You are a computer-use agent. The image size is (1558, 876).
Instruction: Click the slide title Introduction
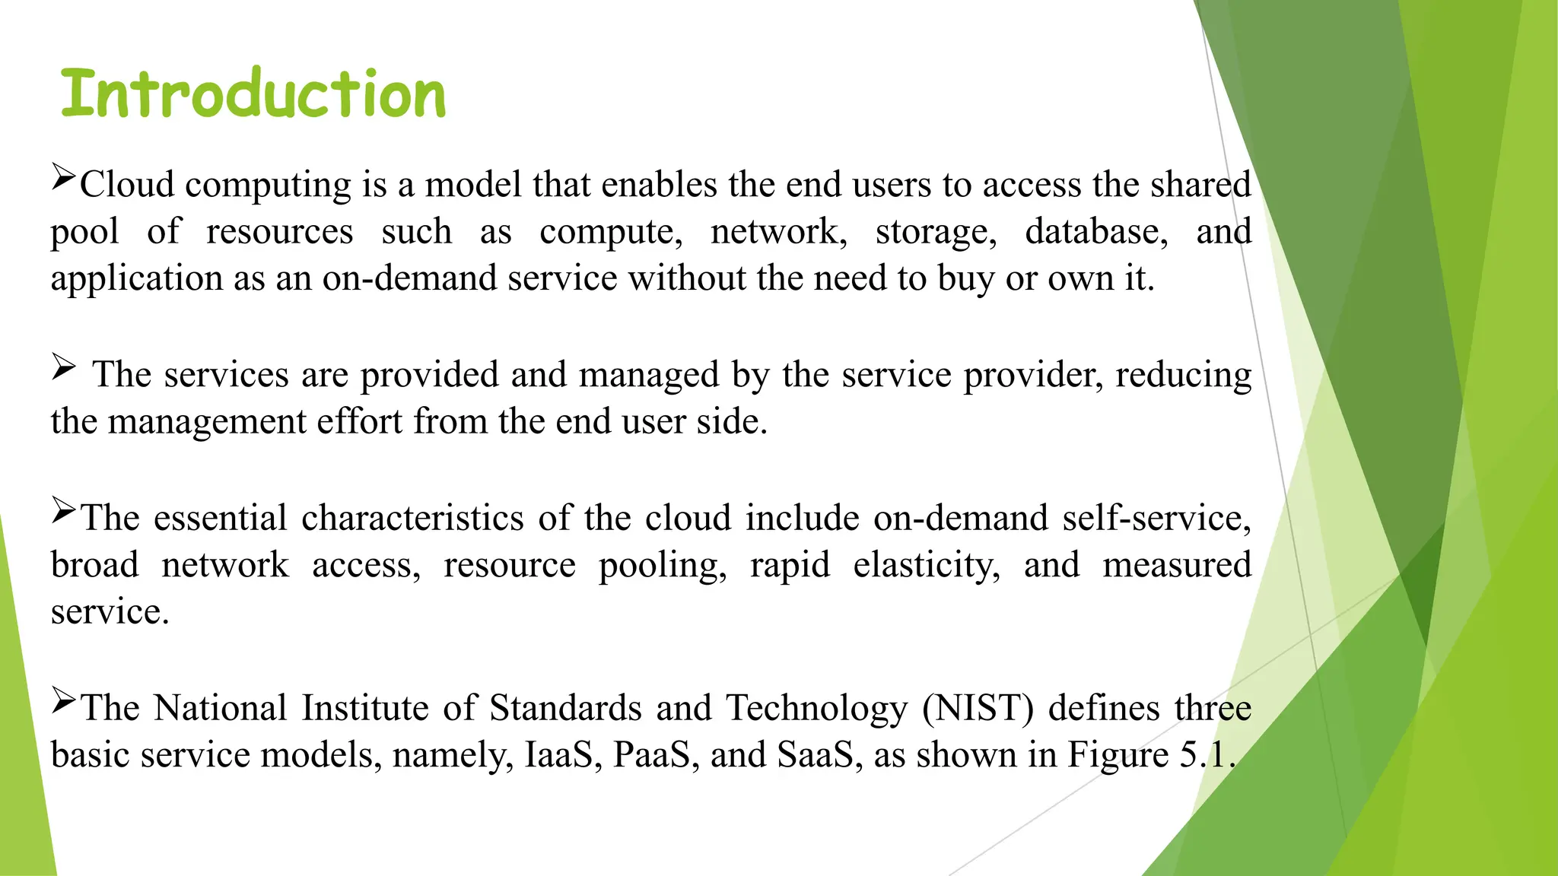[x=253, y=94]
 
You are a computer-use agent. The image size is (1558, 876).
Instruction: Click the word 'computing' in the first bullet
[x=268, y=185]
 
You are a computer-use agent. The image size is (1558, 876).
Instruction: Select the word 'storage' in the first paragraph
[x=935, y=232]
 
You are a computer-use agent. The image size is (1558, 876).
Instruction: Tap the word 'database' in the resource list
[x=1095, y=232]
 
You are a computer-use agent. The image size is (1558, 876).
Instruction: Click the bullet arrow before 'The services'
[x=64, y=368]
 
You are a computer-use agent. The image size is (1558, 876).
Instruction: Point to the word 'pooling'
[x=662, y=566]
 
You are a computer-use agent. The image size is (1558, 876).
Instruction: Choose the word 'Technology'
[x=816, y=709]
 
